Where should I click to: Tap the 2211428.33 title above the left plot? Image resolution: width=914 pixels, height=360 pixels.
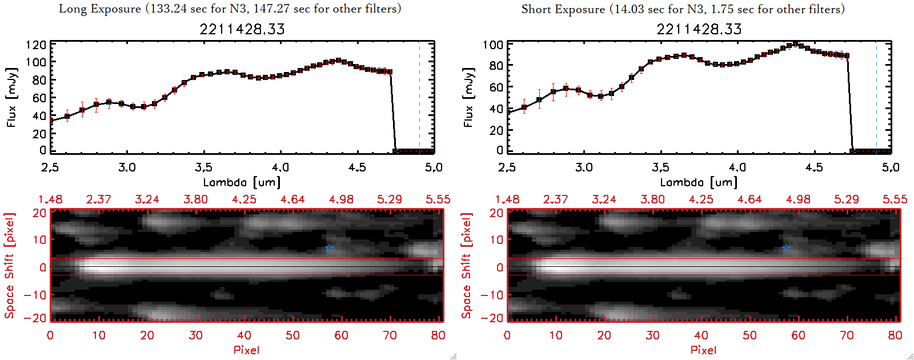click(x=242, y=29)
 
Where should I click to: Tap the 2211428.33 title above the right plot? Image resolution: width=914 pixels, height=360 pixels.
click(x=699, y=29)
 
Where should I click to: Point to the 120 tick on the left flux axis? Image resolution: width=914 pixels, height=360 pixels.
click(x=36, y=45)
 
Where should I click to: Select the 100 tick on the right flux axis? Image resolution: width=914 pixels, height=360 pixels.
click(x=493, y=45)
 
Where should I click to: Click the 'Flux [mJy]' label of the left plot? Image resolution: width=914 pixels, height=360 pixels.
click(x=12, y=97)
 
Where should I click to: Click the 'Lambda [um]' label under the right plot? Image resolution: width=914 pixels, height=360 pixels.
click(x=699, y=182)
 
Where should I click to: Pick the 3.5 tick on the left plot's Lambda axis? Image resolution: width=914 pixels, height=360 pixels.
click(x=203, y=167)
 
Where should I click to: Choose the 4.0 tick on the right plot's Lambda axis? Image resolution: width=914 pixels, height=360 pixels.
click(x=737, y=167)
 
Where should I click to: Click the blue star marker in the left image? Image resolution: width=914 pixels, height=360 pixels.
click(x=329, y=248)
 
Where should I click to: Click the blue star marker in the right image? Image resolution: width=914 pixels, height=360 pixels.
click(x=786, y=248)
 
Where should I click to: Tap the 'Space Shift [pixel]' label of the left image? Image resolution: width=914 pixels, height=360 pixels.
click(x=9, y=266)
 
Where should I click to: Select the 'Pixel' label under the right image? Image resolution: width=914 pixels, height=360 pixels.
click(x=703, y=350)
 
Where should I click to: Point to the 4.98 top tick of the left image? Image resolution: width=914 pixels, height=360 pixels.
click(x=341, y=199)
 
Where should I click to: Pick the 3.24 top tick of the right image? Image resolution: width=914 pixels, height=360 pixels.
click(x=604, y=199)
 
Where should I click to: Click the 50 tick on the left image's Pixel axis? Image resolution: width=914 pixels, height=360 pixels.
click(x=292, y=335)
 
